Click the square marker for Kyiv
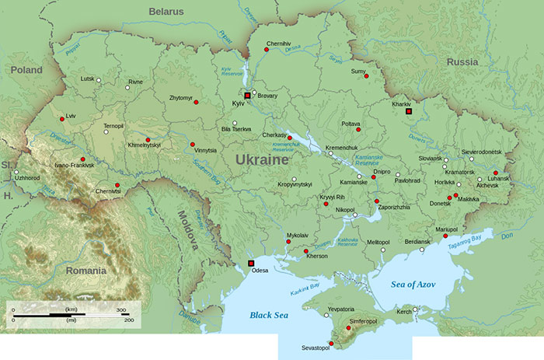(247, 95)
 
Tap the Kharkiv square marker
(408, 111)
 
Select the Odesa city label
(260, 271)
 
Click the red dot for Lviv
(61, 119)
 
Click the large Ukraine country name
(257, 159)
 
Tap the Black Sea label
(268, 315)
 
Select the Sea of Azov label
(413, 285)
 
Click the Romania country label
(85, 271)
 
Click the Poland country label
(26, 69)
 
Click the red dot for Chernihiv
(267, 49)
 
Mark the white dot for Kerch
(415, 309)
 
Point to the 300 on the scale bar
(120, 309)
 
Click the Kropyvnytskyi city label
(295, 184)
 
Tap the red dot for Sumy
(365, 76)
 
